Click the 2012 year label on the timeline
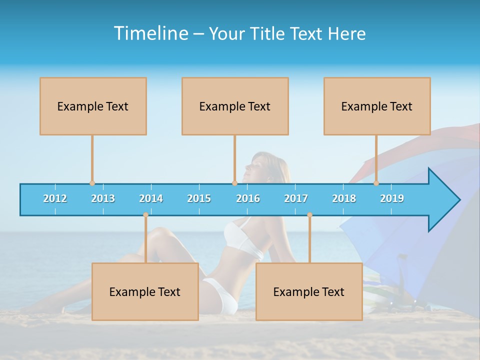pos(55,198)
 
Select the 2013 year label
pos(103,198)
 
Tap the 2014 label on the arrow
pos(151,198)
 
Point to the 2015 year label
pos(199,198)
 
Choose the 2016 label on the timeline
pos(248,198)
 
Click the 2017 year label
pos(296,198)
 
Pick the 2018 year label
pos(344,198)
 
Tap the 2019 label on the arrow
pos(392,198)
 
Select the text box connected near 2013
pos(93,106)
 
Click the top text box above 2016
pos(235,106)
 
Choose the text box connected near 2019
pos(377,106)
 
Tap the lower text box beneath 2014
pos(145,291)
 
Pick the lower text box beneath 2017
pos(309,291)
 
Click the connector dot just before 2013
pos(92,183)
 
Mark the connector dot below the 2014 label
pos(145,215)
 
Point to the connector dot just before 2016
pos(234,183)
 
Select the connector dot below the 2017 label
pos(309,215)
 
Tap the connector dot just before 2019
pos(376,183)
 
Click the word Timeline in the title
pos(150,33)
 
